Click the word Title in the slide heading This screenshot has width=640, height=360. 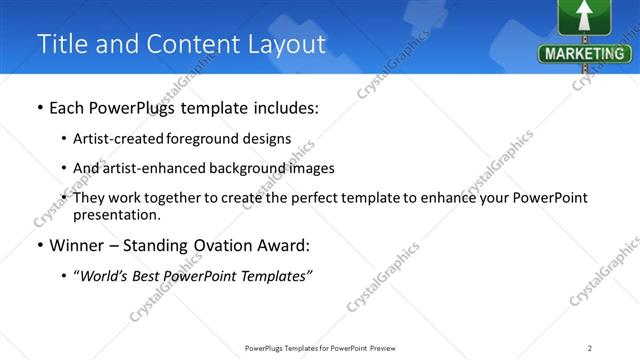pos(62,44)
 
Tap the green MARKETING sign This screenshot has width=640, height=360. pos(585,53)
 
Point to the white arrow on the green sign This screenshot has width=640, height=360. pos(585,16)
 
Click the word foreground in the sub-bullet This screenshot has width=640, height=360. pos(214,138)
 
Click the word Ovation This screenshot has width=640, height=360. pos(229,245)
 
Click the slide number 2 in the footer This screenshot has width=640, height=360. pos(590,348)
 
